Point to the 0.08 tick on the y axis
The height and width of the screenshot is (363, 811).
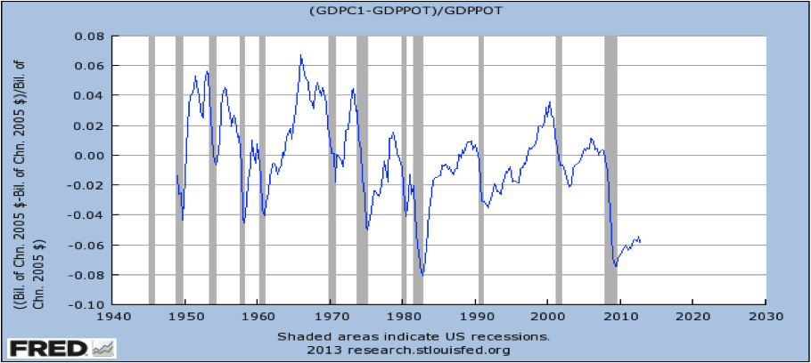coord(89,36)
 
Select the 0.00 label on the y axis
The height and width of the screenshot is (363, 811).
coord(89,156)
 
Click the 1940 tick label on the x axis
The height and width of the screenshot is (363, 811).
coord(113,316)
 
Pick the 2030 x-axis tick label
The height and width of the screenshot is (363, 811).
coord(766,316)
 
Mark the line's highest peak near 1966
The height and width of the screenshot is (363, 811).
coord(301,55)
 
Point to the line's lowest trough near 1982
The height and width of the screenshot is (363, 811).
coord(422,275)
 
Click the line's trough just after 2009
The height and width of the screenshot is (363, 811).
coord(615,265)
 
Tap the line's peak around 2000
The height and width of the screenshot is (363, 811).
coord(550,102)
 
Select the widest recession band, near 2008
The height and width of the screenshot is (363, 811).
coord(610,169)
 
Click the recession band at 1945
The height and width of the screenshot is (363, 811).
coord(152,169)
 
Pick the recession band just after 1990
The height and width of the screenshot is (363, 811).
coord(481,169)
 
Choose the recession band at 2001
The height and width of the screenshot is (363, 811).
coord(559,169)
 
